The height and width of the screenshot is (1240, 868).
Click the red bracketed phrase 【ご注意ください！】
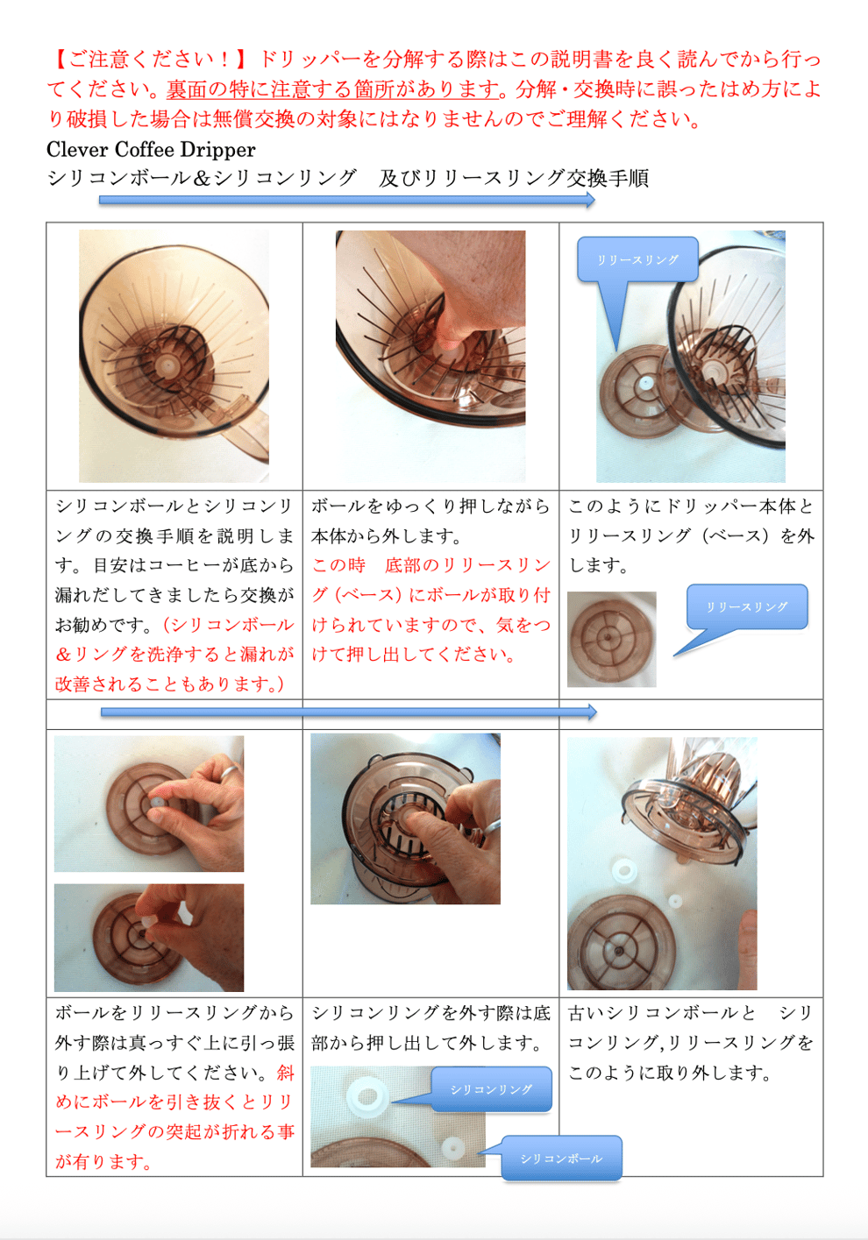(x=150, y=59)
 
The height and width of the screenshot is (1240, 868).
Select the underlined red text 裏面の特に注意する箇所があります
(x=333, y=89)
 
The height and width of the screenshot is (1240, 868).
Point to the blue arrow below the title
(x=346, y=200)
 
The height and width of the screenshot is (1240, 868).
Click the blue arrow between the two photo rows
(x=348, y=712)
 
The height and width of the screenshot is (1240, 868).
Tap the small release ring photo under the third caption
(x=611, y=640)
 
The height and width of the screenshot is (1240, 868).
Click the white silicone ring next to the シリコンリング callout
(x=366, y=1096)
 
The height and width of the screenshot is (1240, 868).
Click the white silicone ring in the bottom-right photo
(x=624, y=869)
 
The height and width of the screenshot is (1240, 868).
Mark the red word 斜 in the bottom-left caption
(x=285, y=1073)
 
